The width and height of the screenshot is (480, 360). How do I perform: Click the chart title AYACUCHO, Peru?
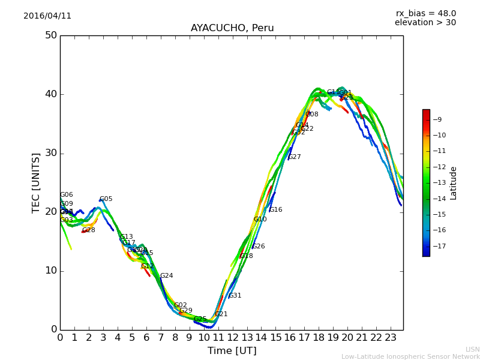[232, 28]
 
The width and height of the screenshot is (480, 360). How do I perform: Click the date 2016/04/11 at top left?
[47, 16]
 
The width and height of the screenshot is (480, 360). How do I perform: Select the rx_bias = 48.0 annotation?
[425, 13]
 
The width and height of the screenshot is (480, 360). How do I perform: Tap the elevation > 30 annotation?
[425, 23]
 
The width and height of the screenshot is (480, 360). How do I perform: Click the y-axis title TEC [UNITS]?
[36, 182]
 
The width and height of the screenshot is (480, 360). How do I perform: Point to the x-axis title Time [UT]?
[232, 351]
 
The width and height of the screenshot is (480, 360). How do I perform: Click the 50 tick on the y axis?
[51, 35]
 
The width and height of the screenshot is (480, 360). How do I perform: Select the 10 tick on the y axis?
[51, 271]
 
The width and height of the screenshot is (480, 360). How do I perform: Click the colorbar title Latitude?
[454, 183]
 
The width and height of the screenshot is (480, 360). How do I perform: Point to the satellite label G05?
[106, 199]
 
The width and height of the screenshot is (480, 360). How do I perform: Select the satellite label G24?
[166, 276]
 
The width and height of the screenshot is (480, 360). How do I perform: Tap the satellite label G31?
[235, 296]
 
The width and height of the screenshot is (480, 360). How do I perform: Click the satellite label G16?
[275, 210]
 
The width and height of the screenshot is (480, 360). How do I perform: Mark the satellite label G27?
[295, 157]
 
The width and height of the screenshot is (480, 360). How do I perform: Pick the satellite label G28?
[89, 230]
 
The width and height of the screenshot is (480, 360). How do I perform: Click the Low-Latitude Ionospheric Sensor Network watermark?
[410, 357]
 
